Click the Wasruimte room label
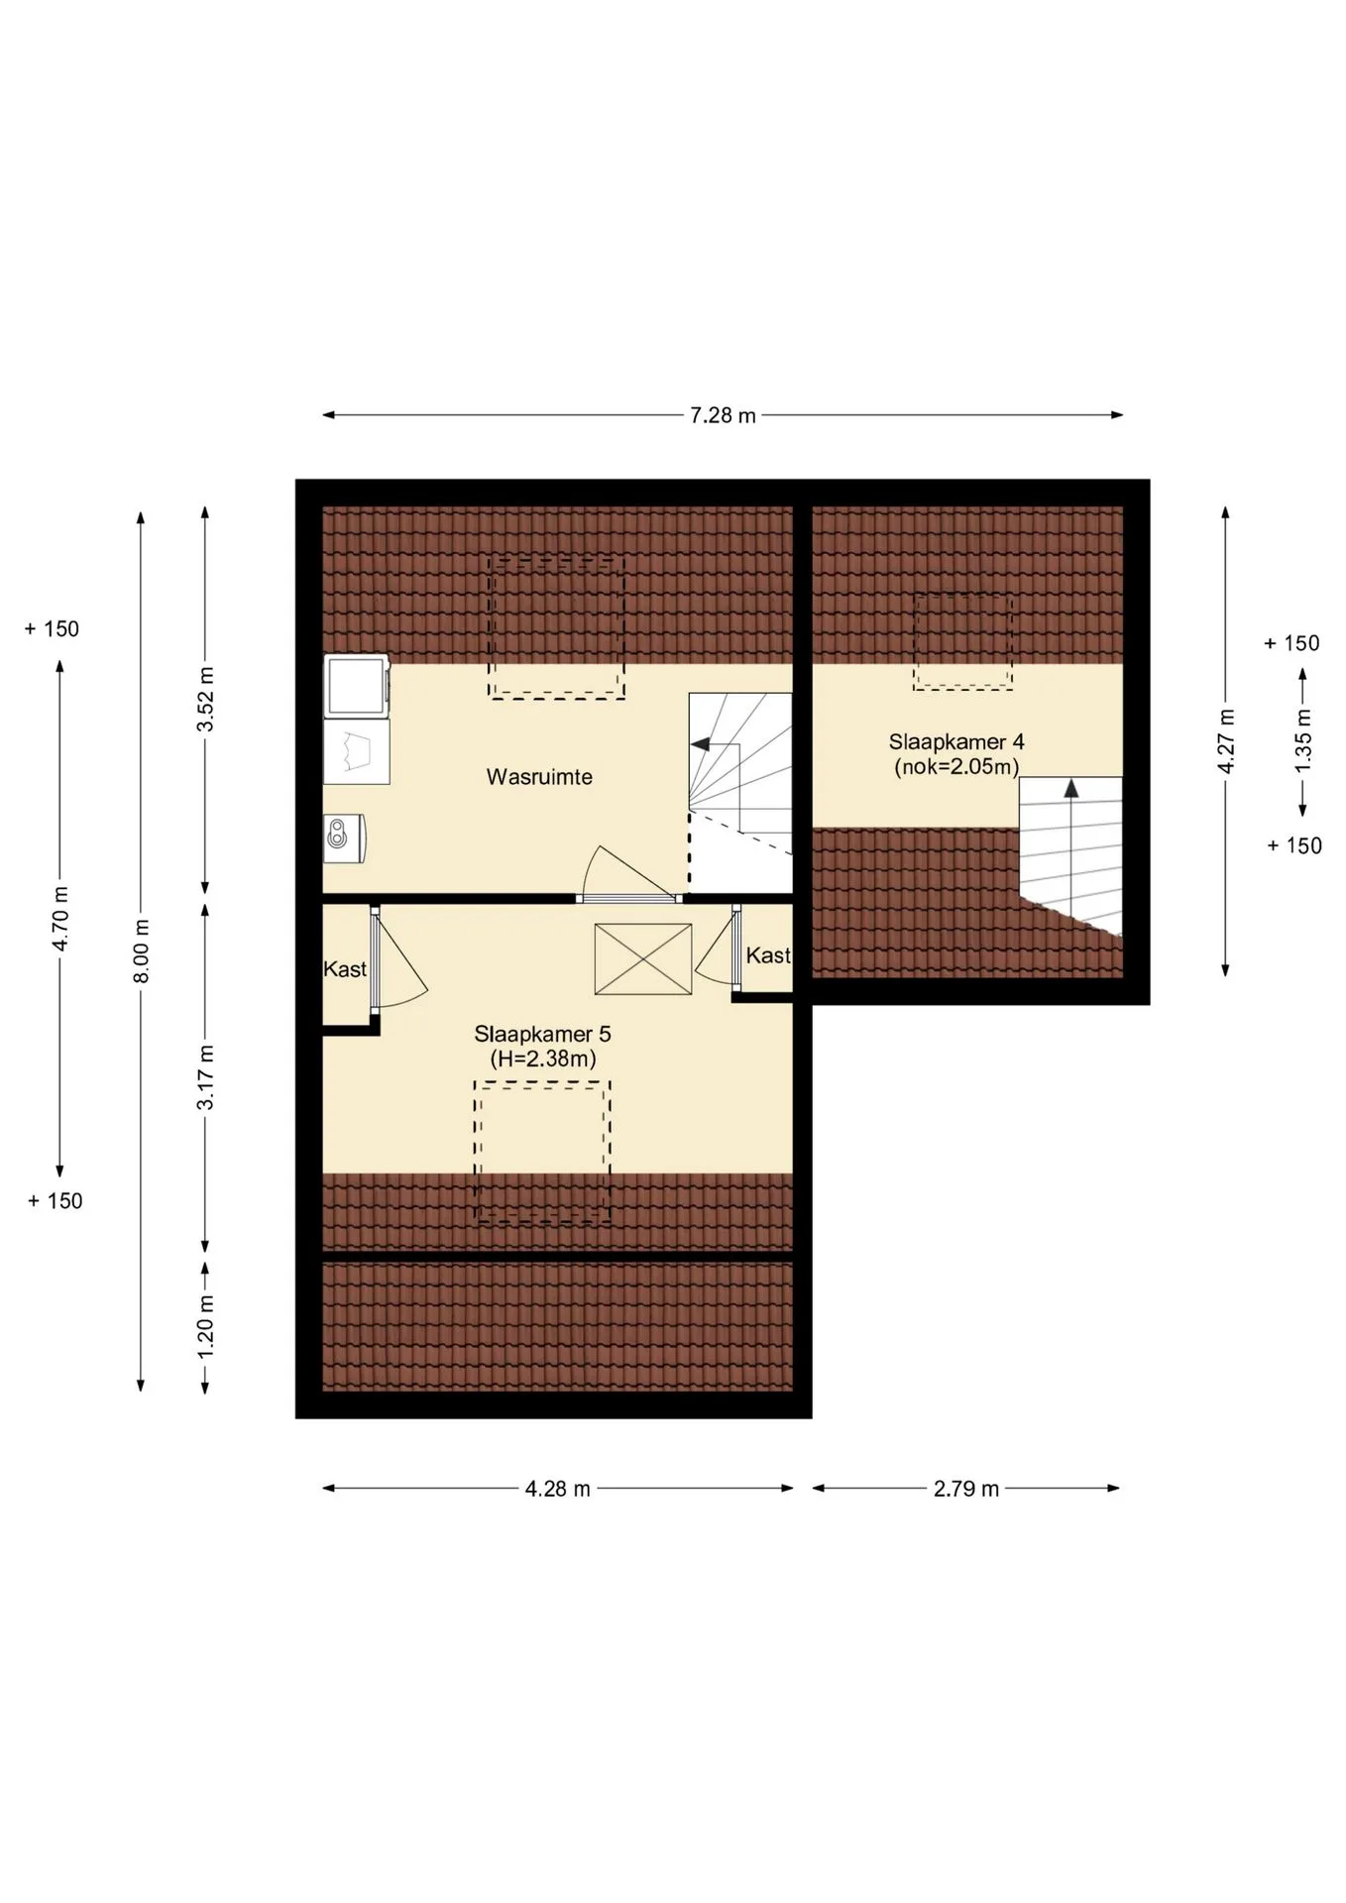tap(539, 777)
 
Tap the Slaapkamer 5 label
tap(542, 1034)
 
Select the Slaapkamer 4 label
tap(956, 741)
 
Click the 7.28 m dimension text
tap(723, 415)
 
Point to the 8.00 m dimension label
tap(141, 951)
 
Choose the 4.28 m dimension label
tap(557, 1489)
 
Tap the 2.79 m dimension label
tap(966, 1489)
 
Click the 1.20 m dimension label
tap(205, 1327)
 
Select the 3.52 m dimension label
tap(205, 699)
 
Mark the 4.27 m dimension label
tap(1226, 741)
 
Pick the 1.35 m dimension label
tap(1303, 741)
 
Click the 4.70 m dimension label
tap(60, 918)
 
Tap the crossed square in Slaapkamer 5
tap(643, 958)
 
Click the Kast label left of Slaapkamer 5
tap(345, 969)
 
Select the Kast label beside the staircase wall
tap(768, 955)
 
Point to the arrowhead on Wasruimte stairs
tap(700, 743)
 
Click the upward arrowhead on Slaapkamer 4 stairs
tap(1070, 788)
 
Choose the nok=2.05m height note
tap(956, 766)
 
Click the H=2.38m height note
tap(543, 1059)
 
